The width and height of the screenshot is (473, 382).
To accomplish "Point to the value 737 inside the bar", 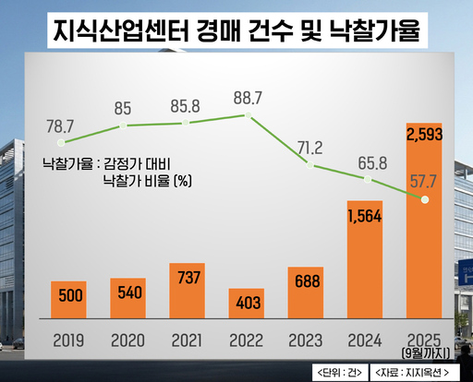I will (188, 281).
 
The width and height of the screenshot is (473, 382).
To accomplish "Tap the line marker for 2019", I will (61, 143).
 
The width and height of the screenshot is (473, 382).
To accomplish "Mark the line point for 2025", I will (425, 199).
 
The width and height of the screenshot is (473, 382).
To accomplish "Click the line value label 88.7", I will (247, 97).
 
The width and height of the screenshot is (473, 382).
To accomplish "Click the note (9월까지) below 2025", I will (425, 352).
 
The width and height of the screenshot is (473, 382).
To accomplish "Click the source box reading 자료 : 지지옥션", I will (416, 372).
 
